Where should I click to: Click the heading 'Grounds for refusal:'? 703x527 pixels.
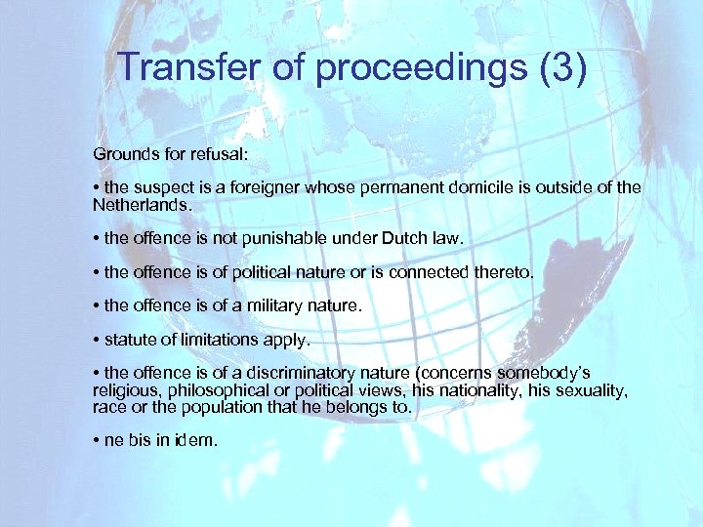(161, 154)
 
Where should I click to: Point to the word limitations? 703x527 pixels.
(227, 340)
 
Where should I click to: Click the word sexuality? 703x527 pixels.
(591, 390)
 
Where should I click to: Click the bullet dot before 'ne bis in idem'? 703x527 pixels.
(97, 441)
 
